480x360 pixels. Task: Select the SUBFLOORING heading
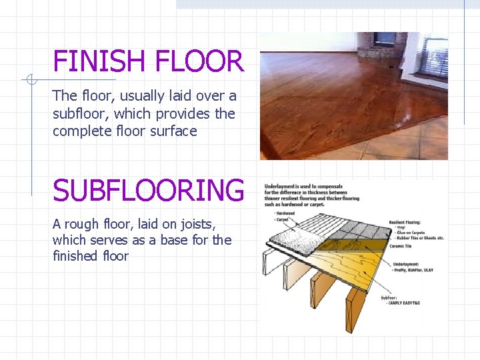tap(149, 191)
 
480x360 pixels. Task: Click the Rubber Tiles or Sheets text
tap(421, 238)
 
